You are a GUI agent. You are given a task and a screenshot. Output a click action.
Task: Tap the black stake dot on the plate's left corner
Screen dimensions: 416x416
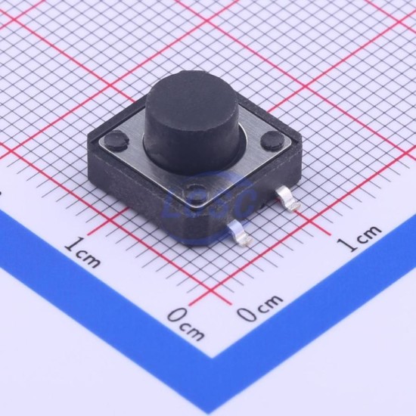click(x=116, y=140)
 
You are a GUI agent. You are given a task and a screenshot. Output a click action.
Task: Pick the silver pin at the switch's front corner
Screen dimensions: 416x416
click(x=239, y=232)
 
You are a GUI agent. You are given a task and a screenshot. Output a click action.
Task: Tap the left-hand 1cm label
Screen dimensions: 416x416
click(x=83, y=252)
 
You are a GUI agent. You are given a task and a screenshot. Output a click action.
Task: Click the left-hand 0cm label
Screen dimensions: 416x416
click(x=187, y=324)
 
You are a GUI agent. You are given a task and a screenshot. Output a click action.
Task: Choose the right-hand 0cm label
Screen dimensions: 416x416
click(x=260, y=308)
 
